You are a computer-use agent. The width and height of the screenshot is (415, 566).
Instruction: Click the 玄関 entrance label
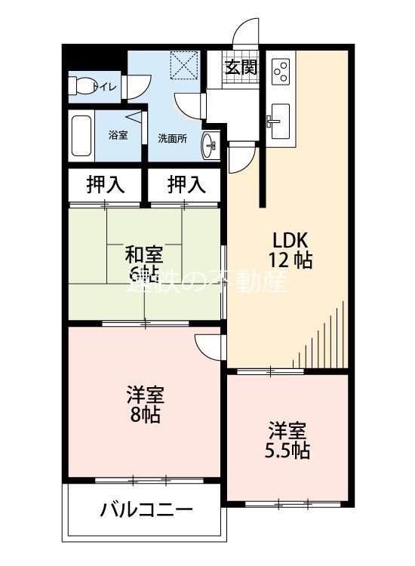[241, 67]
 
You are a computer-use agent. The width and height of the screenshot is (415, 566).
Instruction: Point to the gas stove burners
[280, 71]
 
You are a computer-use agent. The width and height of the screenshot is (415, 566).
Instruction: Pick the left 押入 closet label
[105, 183]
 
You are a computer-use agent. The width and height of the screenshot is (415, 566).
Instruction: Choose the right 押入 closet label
[185, 183]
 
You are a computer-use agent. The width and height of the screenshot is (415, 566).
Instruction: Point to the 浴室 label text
[118, 135]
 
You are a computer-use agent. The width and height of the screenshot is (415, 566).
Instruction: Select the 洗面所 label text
[172, 138]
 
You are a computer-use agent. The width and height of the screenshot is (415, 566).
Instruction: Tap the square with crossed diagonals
[183, 64]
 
